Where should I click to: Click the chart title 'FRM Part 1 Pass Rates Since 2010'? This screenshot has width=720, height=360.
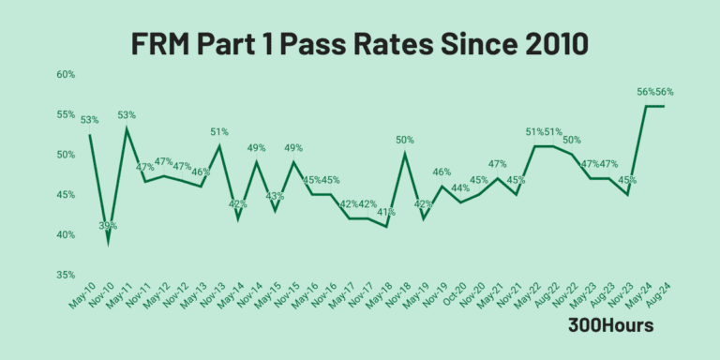(360, 43)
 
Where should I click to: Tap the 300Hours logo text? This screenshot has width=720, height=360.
(610, 325)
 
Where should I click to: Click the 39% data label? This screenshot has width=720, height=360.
(109, 226)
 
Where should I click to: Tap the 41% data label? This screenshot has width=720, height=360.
(386, 212)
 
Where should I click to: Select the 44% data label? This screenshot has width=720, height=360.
(460, 188)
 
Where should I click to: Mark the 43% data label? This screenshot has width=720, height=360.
(275, 196)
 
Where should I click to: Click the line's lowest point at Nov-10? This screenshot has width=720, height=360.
(109, 242)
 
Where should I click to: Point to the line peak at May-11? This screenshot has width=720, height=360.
(127, 129)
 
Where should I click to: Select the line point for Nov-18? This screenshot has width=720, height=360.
(405, 154)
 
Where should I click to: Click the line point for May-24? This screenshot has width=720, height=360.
(645, 106)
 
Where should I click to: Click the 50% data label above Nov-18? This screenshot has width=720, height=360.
(405, 140)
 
